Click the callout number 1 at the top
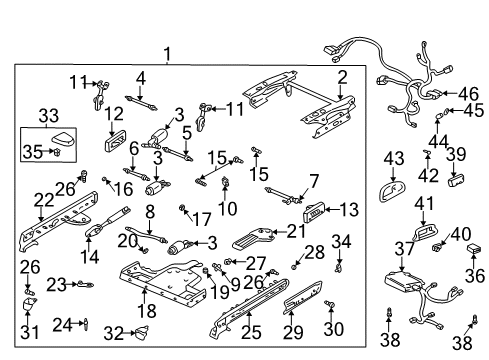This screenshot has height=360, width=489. click(x=168, y=55)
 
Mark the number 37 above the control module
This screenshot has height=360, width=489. click(x=403, y=248)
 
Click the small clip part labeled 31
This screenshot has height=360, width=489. click(x=29, y=306)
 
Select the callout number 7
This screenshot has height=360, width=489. click(x=313, y=181)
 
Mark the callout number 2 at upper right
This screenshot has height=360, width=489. click(x=341, y=77)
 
